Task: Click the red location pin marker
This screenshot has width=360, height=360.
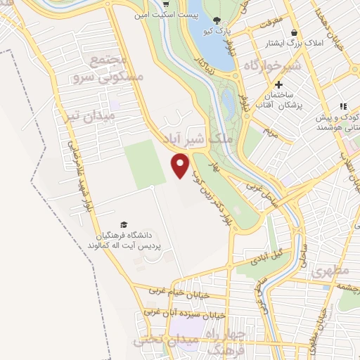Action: (x=181, y=166)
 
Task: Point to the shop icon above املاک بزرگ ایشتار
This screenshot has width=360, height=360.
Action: (x=293, y=32)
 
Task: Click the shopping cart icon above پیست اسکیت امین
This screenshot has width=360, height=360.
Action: (x=146, y=4)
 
